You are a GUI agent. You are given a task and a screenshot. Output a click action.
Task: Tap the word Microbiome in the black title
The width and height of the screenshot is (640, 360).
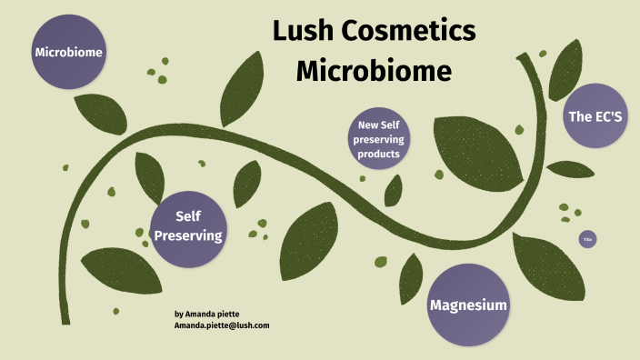(x=374, y=70)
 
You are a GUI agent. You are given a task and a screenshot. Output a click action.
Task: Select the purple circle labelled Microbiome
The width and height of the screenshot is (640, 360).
(x=68, y=53)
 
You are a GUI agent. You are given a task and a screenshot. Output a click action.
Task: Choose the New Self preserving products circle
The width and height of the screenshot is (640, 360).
(x=379, y=139)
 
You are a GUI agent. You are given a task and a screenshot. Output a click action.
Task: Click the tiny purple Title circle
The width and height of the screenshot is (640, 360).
(x=587, y=239)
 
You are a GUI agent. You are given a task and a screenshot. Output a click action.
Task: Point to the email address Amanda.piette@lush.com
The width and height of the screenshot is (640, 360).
(x=222, y=325)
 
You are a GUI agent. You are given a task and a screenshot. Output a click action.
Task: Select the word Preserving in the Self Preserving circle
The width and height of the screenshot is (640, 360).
(x=189, y=235)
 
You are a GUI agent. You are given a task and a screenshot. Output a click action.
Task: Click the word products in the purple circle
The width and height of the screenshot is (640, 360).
(x=379, y=155)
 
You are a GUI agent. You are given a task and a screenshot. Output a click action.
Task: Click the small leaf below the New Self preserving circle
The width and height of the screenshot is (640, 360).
(x=393, y=190)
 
